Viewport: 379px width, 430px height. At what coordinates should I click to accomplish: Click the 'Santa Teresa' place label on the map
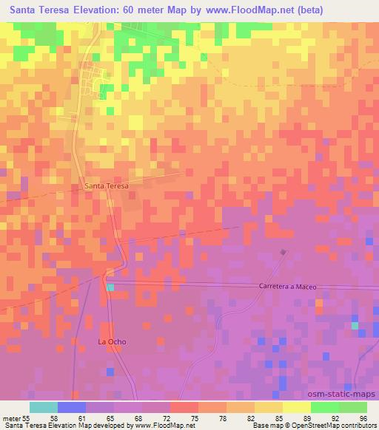(x=107, y=186)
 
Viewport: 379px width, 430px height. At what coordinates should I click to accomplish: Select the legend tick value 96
(x=363, y=419)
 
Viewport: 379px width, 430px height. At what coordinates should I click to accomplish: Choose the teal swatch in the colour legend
(x=44, y=407)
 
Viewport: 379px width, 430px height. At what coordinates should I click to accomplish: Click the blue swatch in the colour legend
(x=72, y=407)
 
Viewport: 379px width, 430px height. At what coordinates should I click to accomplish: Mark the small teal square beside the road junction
(x=110, y=287)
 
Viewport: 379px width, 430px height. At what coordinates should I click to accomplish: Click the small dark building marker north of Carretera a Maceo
(x=284, y=253)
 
